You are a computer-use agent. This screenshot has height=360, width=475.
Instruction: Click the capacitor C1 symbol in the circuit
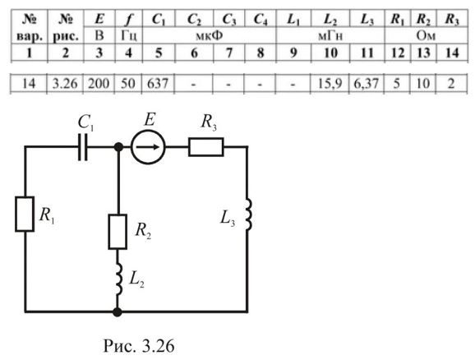pos(83,147)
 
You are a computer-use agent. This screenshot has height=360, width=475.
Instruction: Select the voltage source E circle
pos(148,147)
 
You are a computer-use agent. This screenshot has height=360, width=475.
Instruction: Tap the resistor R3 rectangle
pos(206,147)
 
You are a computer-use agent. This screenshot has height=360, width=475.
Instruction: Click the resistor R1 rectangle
pos(25,215)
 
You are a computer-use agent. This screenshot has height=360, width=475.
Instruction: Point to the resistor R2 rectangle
pos(118,232)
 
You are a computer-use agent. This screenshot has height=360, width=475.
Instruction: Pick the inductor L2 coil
pos(118,279)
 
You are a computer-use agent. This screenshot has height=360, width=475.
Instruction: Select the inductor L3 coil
pos(248,215)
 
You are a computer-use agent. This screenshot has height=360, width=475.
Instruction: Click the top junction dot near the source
pos(118,147)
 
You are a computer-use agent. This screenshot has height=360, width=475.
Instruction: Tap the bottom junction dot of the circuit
pos(118,312)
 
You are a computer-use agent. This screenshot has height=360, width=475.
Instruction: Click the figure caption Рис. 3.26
pos(139,346)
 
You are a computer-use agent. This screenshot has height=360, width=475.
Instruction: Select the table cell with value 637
pos(158,83)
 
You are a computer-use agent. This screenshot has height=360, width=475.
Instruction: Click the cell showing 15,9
pos(330,83)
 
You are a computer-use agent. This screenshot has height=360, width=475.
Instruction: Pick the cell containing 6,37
pos(367,83)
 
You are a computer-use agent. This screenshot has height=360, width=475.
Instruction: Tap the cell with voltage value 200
pos(99,83)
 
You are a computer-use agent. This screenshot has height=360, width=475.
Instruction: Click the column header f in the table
pos(129,20)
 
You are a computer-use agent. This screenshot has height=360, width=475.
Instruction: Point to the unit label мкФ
pos(209,36)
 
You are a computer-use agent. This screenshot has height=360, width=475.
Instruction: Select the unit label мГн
pos(330,36)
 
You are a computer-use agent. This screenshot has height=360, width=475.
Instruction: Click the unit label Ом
pos(426,36)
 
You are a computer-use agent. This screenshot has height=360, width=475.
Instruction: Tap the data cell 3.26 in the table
pos(65,83)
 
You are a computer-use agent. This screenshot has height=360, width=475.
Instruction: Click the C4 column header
pos(261,20)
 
